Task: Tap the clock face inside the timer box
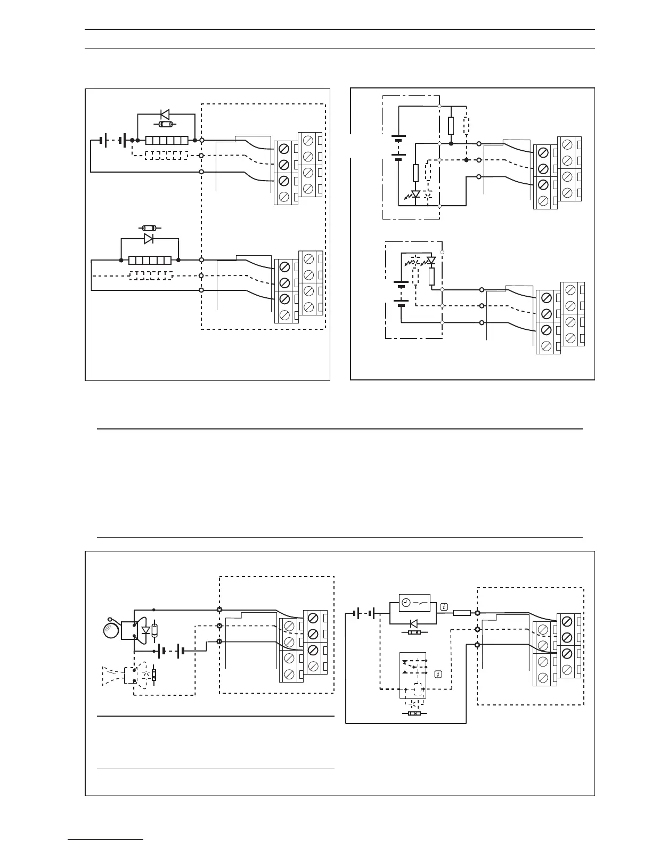(406, 602)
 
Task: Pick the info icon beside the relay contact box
(438, 675)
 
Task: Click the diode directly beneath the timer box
(413, 623)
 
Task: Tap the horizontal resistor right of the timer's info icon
(461, 613)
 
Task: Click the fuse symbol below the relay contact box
(413, 714)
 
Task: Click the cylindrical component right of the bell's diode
(154, 630)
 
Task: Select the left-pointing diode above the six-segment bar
(165, 114)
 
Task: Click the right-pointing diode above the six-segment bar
(149, 239)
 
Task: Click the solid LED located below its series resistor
(415, 195)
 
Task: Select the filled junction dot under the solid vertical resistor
(451, 144)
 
